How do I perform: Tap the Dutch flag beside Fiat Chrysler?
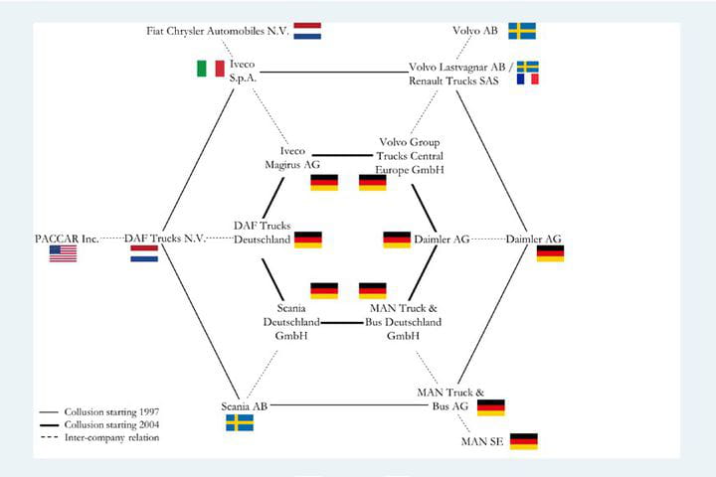[x=307, y=31]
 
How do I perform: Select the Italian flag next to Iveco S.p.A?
[x=210, y=70]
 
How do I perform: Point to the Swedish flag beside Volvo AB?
[x=522, y=31]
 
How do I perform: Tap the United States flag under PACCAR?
[x=63, y=253]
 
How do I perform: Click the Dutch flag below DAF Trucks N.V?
[x=144, y=253]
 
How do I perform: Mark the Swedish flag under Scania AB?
[x=240, y=422]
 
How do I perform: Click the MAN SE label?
[x=483, y=440]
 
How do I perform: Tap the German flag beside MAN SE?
[x=524, y=440]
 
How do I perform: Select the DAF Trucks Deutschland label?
[x=262, y=233]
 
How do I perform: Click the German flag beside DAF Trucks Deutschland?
[x=308, y=239]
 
